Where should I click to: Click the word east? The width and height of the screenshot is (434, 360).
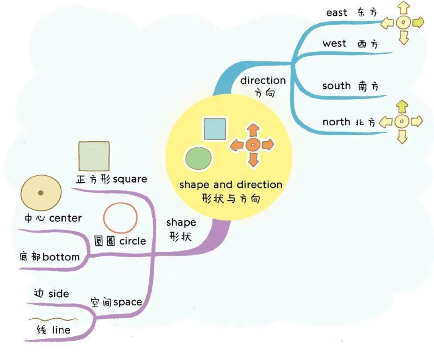(337, 12)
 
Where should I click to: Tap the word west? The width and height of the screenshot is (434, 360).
(334, 43)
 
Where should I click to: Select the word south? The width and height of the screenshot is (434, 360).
(336, 85)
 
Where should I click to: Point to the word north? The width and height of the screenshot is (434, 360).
(336, 122)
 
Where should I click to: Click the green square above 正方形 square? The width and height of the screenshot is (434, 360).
(94, 156)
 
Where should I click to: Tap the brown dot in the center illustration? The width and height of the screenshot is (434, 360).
(41, 193)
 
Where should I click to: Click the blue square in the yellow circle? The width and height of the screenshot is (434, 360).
(215, 128)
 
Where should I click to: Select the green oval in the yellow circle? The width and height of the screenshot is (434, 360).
(199, 158)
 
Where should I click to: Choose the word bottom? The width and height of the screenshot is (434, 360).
(61, 256)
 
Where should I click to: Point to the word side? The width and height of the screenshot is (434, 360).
(59, 293)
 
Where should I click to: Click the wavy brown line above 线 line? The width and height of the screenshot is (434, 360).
(53, 319)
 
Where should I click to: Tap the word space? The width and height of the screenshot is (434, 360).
(128, 302)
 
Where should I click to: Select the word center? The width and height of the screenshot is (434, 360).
(66, 218)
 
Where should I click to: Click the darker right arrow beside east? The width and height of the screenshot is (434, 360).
(418, 22)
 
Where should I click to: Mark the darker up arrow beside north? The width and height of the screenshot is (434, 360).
(401, 107)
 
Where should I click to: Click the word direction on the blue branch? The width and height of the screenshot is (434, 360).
(263, 80)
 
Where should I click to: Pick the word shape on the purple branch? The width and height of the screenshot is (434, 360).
(181, 222)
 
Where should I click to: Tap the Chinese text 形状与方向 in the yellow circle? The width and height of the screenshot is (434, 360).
(231, 198)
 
